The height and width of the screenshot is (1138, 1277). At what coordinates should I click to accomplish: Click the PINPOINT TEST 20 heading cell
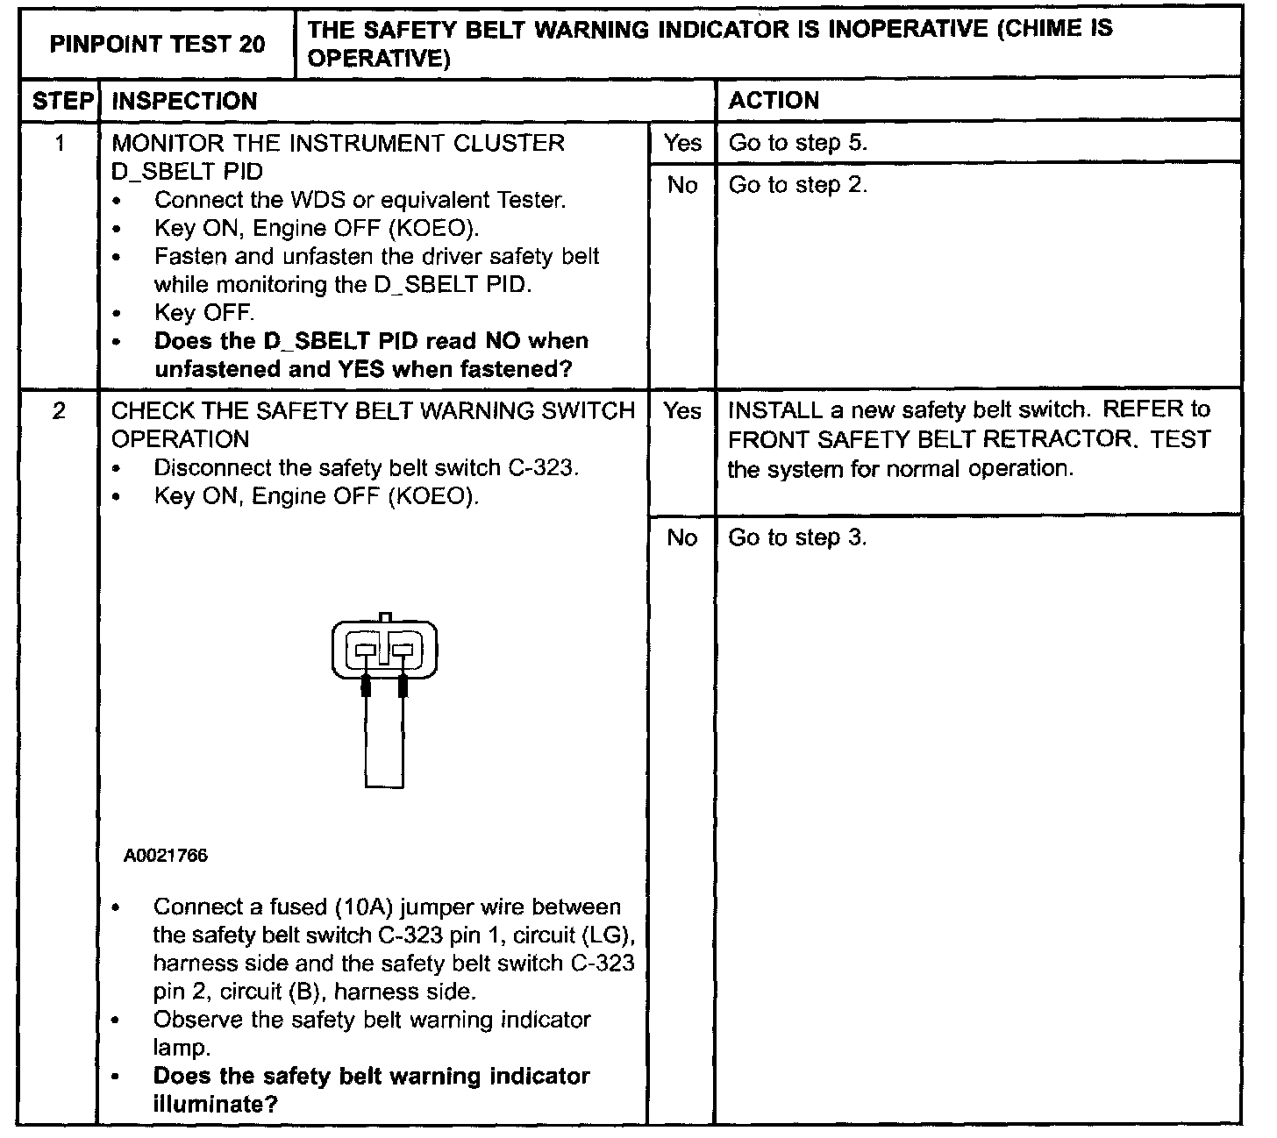[x=157, y=44]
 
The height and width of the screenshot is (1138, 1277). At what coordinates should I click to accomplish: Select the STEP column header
[x=62, y=101]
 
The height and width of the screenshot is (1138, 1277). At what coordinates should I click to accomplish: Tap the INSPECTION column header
[x=185, y=101]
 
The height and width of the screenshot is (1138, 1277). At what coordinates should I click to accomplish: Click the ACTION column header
[x=774, y=101]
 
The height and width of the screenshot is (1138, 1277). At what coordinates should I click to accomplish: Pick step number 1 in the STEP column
[x=60, y=143]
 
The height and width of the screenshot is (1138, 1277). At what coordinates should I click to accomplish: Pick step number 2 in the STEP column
[x=59, y=410]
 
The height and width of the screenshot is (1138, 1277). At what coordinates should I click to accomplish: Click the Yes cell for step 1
[x=682, y=143]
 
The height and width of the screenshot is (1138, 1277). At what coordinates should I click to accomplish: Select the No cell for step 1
[x=682, y=185]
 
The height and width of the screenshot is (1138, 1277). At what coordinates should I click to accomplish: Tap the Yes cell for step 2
[x=682, y=410]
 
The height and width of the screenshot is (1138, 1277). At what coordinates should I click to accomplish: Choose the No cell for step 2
[x=682, y=537]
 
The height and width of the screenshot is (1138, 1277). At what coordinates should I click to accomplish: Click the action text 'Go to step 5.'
[x=797, y=143]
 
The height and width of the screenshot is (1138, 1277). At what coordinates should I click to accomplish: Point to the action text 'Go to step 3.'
[x=797, y=537]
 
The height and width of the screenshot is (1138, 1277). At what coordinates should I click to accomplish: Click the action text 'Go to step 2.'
[x=797, y=185]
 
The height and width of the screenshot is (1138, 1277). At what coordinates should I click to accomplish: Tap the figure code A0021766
[x=166, y=855]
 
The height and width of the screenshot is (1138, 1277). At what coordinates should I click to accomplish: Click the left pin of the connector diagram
[x=366, y=651]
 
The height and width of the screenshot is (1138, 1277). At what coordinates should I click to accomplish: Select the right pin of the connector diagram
[x=403, y=651]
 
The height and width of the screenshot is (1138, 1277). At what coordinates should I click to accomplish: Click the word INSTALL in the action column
[x=774, y=410]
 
